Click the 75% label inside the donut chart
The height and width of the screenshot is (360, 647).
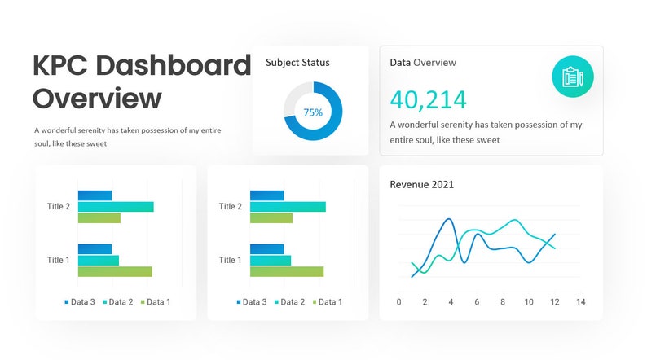tap(313, 112)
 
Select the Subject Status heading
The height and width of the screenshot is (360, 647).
tap(297, 62)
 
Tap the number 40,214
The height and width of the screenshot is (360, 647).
tap(428, 99)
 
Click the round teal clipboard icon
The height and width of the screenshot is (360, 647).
tap(572, 77)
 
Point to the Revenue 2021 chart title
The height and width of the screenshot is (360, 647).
tap(421, 184)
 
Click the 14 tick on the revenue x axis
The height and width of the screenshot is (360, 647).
tap(580, 302)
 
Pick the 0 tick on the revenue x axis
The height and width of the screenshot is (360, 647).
tap(398, 302)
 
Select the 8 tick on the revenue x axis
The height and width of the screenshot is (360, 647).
tap(503, 302)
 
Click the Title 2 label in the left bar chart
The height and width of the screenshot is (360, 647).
tap(59, 207)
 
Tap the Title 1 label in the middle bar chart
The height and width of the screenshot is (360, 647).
tap(230, 261)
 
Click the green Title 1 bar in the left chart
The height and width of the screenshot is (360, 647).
tap(115, 271)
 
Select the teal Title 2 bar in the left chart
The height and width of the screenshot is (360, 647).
tap(116, 207)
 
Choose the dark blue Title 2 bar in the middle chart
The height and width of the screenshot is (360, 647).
tap(266, 195)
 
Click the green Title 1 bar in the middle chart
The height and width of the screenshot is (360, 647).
tap(287, 271)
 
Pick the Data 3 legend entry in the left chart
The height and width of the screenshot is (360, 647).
tap(80, 302)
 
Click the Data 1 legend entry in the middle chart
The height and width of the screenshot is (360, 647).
tap(326, 302)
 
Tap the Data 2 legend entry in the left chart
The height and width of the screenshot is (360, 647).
tap(117, 302)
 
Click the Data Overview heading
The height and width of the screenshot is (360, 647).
tap(422, 62)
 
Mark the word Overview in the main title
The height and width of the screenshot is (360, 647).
tap(97, 99)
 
